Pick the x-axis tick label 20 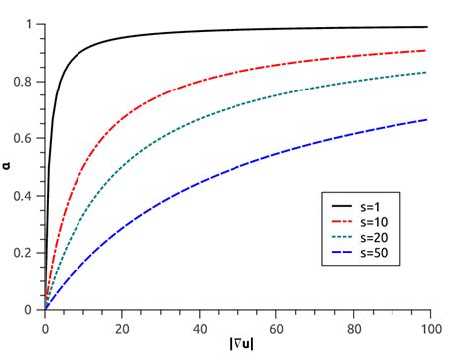coord(121,325)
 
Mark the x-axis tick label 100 coord(427,325)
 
